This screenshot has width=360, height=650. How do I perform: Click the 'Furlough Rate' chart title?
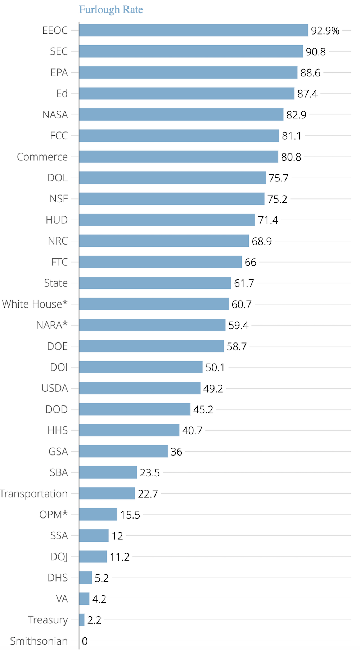click(x=111, y=10)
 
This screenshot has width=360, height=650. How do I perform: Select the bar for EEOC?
click(x=193, y=31)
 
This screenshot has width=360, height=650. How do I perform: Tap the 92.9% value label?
click(x=325, y=31)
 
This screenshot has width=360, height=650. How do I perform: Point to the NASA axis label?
click(x=55, y=115)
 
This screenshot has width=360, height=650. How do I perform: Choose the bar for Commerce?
click(x=179, y=157)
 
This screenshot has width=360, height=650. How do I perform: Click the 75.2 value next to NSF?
click(x=277, y=199)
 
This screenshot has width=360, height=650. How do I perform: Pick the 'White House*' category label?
click(x=35, y=304)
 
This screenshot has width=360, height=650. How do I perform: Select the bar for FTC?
click(x=160, y=262)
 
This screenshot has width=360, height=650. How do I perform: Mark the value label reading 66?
click(x=250, y=262)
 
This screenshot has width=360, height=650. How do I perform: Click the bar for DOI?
click(x=141, y=367)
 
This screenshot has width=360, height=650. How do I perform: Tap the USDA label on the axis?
click(x=55, y=388)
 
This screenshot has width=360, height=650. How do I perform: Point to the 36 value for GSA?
click(x=176, y=452)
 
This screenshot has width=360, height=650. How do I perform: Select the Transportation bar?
click(x=107, y=493)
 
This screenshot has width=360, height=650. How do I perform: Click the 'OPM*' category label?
click(x=53, y=515)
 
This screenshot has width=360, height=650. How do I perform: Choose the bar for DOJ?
click(x=93, y=556)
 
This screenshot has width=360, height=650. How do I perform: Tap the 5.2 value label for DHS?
click(x=102, y=578)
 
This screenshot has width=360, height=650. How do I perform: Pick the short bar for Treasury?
click(x=82, y=620)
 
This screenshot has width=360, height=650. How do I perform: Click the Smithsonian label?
click(x=39, y=641)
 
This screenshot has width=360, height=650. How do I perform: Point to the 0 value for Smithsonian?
click(x=85, y=641)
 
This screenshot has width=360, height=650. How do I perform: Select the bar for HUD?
click(x=167, y=220)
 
